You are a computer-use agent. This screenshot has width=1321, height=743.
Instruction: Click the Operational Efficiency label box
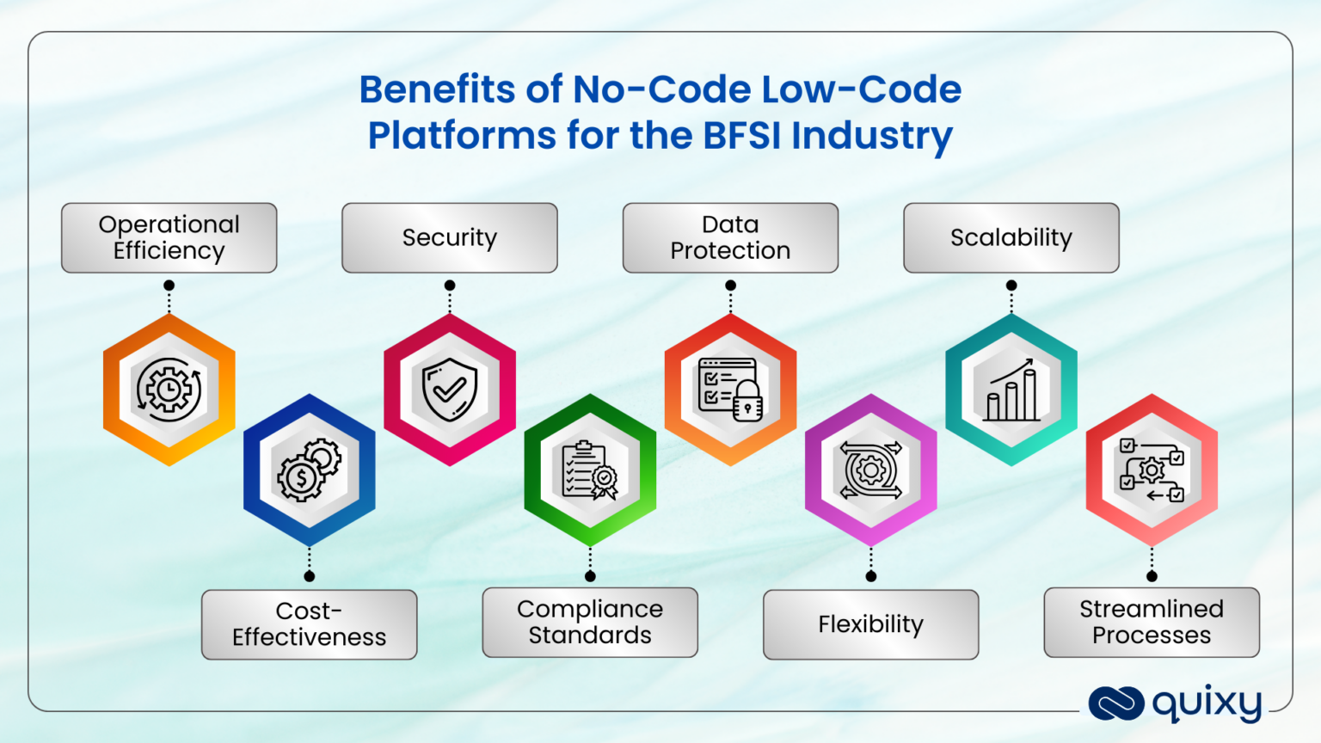pos(169,238)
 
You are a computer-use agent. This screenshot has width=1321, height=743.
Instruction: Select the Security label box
pos(449,238)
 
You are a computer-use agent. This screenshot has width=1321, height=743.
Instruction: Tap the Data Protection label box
pos(730,238)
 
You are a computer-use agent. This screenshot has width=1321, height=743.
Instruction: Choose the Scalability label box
pos(1011,238)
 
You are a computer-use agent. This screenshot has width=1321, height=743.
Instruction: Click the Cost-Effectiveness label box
pos(309,624)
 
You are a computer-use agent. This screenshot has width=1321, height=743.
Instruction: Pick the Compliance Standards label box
pos(590,623)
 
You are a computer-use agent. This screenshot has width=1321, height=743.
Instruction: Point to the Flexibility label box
pos(870,624)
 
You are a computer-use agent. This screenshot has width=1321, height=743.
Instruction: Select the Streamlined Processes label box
pos(1152,623)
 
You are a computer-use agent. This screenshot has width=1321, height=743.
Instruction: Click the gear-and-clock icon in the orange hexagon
pos(169,390)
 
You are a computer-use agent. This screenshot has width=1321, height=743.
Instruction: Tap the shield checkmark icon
pos(449,390)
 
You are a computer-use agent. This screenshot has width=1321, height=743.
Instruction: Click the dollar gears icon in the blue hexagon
pos(309,470)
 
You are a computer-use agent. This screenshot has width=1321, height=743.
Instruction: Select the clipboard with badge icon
pos(590,470)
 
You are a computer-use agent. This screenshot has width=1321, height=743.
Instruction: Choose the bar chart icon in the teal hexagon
pos(1011,391)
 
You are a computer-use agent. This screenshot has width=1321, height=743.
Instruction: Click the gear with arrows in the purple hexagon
pos(870,470)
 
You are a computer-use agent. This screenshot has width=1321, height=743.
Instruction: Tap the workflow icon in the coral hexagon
pos(1152,470)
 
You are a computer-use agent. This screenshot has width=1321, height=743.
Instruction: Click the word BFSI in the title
pos(741,136)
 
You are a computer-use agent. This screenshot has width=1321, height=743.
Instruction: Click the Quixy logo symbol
pos(1115,703)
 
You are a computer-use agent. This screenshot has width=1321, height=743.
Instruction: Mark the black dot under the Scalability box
pos(1011,286)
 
